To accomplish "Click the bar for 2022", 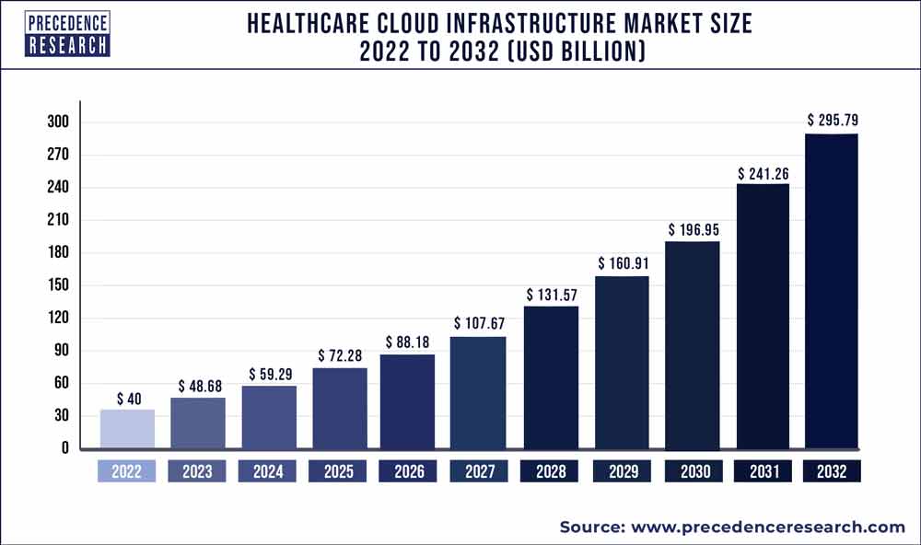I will click(127, 429).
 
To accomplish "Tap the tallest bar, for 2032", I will click(832, 292).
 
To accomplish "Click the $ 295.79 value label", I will click(832, 120).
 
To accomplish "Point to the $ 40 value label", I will click(127, 400).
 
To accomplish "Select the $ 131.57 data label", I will click(551, 295).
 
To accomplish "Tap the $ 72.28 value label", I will click(340, 355).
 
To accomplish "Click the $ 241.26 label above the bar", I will click(762, 172).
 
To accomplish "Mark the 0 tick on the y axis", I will click(65, 448).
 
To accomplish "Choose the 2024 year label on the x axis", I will click(268, 471).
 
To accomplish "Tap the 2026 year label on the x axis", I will click(409, 471).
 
